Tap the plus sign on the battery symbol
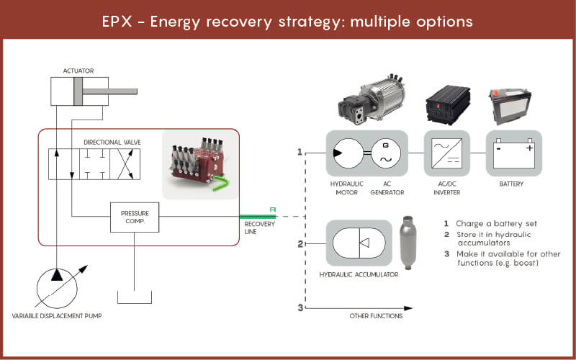click(528, 148)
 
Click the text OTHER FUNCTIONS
click(376, 315)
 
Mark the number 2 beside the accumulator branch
click(300, 244)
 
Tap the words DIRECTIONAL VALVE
click(112, 143)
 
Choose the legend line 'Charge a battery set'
click(497, 223)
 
